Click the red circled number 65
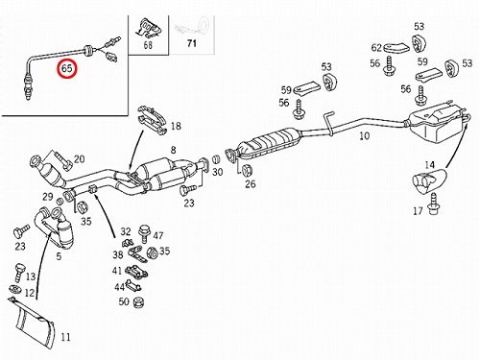point(67,68)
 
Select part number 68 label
point(148,45)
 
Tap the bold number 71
point(192,43)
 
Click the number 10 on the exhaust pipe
point(365,136)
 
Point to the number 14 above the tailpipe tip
point(429,165)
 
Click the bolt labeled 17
point(434,205)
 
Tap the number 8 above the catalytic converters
point(173,150)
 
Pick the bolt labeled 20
point(64,160)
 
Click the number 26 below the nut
point(251,183)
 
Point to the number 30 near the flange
point(217,172)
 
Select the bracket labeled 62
point(396,48)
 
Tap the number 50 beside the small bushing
point(124,301)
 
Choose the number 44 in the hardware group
point(119,287)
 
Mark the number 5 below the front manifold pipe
point(59,256)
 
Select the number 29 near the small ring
point(48,197)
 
